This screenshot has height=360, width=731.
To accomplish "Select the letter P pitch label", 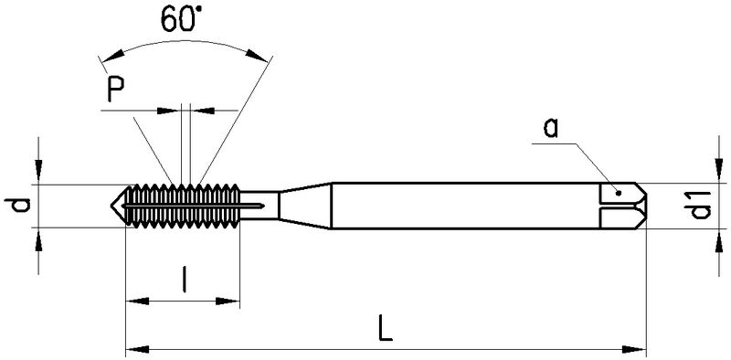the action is pyautogui.click(x=116, y=89).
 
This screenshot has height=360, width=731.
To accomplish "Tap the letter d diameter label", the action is pyautogui.click(x=18, y=206).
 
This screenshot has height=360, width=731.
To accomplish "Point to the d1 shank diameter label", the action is pyautogui.click(x=700, y=205).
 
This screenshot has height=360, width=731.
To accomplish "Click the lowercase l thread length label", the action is pyautogui.click(x=185, y=279).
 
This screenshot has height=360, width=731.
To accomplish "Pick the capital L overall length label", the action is pyautogui.click(x=385, y=328).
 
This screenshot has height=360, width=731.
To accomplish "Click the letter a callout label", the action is pyautogui.click(x=551, y=128).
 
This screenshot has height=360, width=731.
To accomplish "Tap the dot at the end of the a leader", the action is pyautogui.click(x=619, y=193).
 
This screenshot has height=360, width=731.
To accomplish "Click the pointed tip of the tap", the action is pyautogui.click(x=111, y=205).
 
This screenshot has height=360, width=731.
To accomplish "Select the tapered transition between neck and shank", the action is pyautogui.click(x=305, y=206).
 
